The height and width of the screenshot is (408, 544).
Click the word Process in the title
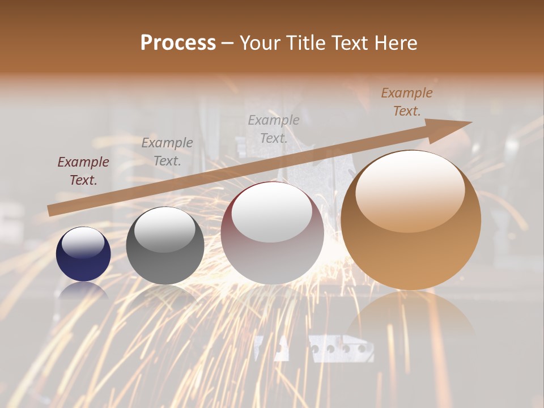click(x=178, y=43)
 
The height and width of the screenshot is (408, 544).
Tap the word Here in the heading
click(x=394, y=43)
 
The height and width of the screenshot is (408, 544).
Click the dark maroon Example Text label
click(x=83, y=171)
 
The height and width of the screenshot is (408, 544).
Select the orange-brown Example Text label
click(x=407, y=102)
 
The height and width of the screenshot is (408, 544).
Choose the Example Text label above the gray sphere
click(x=167, y=152)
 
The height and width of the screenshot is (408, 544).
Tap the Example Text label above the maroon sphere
click(x=274, y=129)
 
